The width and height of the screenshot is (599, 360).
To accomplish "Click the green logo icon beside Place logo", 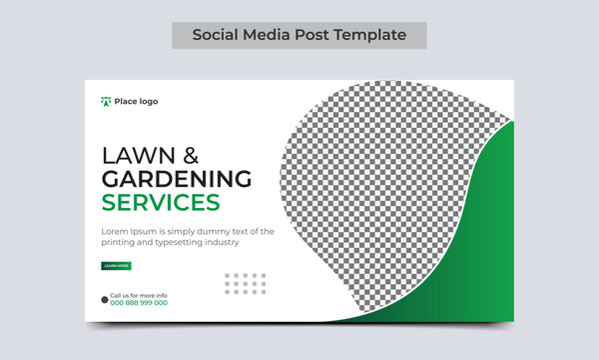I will pyautogui.click(x=106, y=101).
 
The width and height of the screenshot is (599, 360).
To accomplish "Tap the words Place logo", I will pyautogui.click(x=136, y=101).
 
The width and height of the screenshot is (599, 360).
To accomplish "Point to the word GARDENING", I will pyautogui.click(x=176, y=179).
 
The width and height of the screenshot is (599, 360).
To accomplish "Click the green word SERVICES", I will pyautogui.click(x=160, y=203).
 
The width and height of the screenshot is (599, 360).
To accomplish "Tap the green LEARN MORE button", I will pyautogui.click(x=116, y=266).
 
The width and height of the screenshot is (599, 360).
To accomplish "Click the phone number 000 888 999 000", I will pyautogui.click(x=139, y=302).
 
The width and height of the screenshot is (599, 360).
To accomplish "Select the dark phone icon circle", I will pyautogui.click(x=105, y=299).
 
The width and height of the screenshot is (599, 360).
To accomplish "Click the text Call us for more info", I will pyautogui.click(x=139, y=295).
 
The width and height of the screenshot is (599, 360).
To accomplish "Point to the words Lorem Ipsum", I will pyautogui.click(x=125, y=231).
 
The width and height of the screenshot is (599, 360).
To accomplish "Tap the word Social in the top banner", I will pyautogui.click(x=215, y=34).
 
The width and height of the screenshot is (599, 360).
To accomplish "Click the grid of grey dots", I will pyautogui.click(x=246, y=283).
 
